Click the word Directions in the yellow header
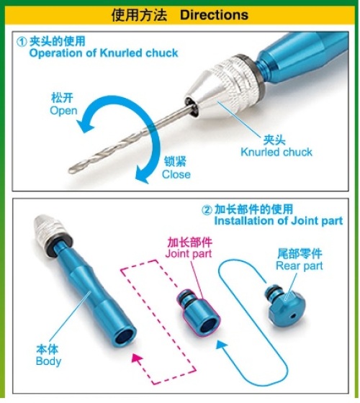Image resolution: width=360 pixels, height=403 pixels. (x=214, y=15)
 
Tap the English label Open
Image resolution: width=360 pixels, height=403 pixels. (x=63, y=111)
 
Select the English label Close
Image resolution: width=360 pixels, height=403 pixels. (x=176, y=174)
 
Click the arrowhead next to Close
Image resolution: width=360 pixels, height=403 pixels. (x=142, y=174)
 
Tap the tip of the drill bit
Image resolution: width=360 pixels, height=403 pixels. (x=70, y=170)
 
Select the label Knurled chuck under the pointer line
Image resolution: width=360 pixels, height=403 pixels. (x=276, y=152)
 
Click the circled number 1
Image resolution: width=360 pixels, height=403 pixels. (x=22, y=42)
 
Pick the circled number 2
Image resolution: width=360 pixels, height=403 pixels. (x=207, y=210)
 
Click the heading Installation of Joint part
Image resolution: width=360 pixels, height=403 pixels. (x=279, y=221)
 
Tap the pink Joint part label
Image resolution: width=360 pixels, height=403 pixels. (x=189, y=253)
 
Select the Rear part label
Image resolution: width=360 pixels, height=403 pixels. (x=300, y=266)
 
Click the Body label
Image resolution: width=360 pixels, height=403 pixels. (x=49, y=361)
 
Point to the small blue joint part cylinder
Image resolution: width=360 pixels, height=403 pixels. (x=199, y=311)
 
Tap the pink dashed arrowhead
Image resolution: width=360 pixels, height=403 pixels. (x=138, y=359)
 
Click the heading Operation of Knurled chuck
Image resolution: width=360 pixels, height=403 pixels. (x=104, y=53)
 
